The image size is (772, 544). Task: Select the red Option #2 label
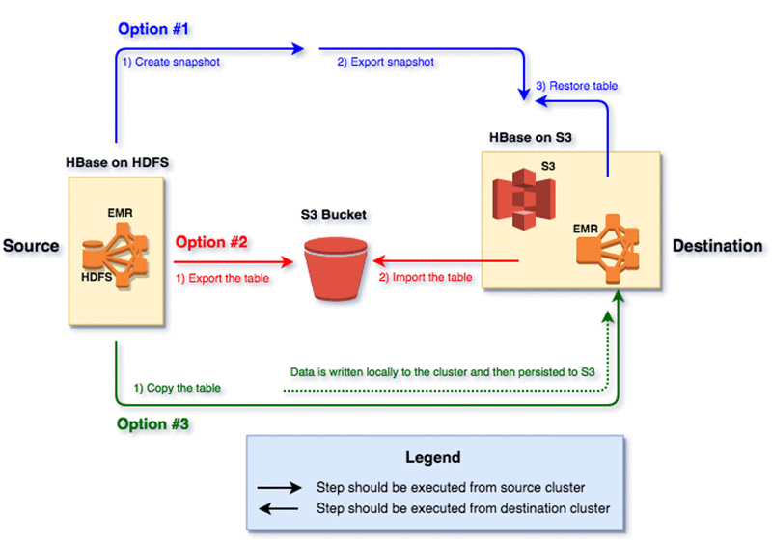tap(211, 242)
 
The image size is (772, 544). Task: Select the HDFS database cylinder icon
tap(93, 254)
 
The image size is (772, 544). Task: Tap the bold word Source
tap(31, 246)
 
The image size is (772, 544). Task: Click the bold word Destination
tap(717, 246)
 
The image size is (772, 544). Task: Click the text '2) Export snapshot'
tap(386, 62)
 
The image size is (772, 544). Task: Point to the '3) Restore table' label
tap(576, 86)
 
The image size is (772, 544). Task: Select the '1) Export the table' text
tap(222, 278)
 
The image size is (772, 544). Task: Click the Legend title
tap(434, 457)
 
